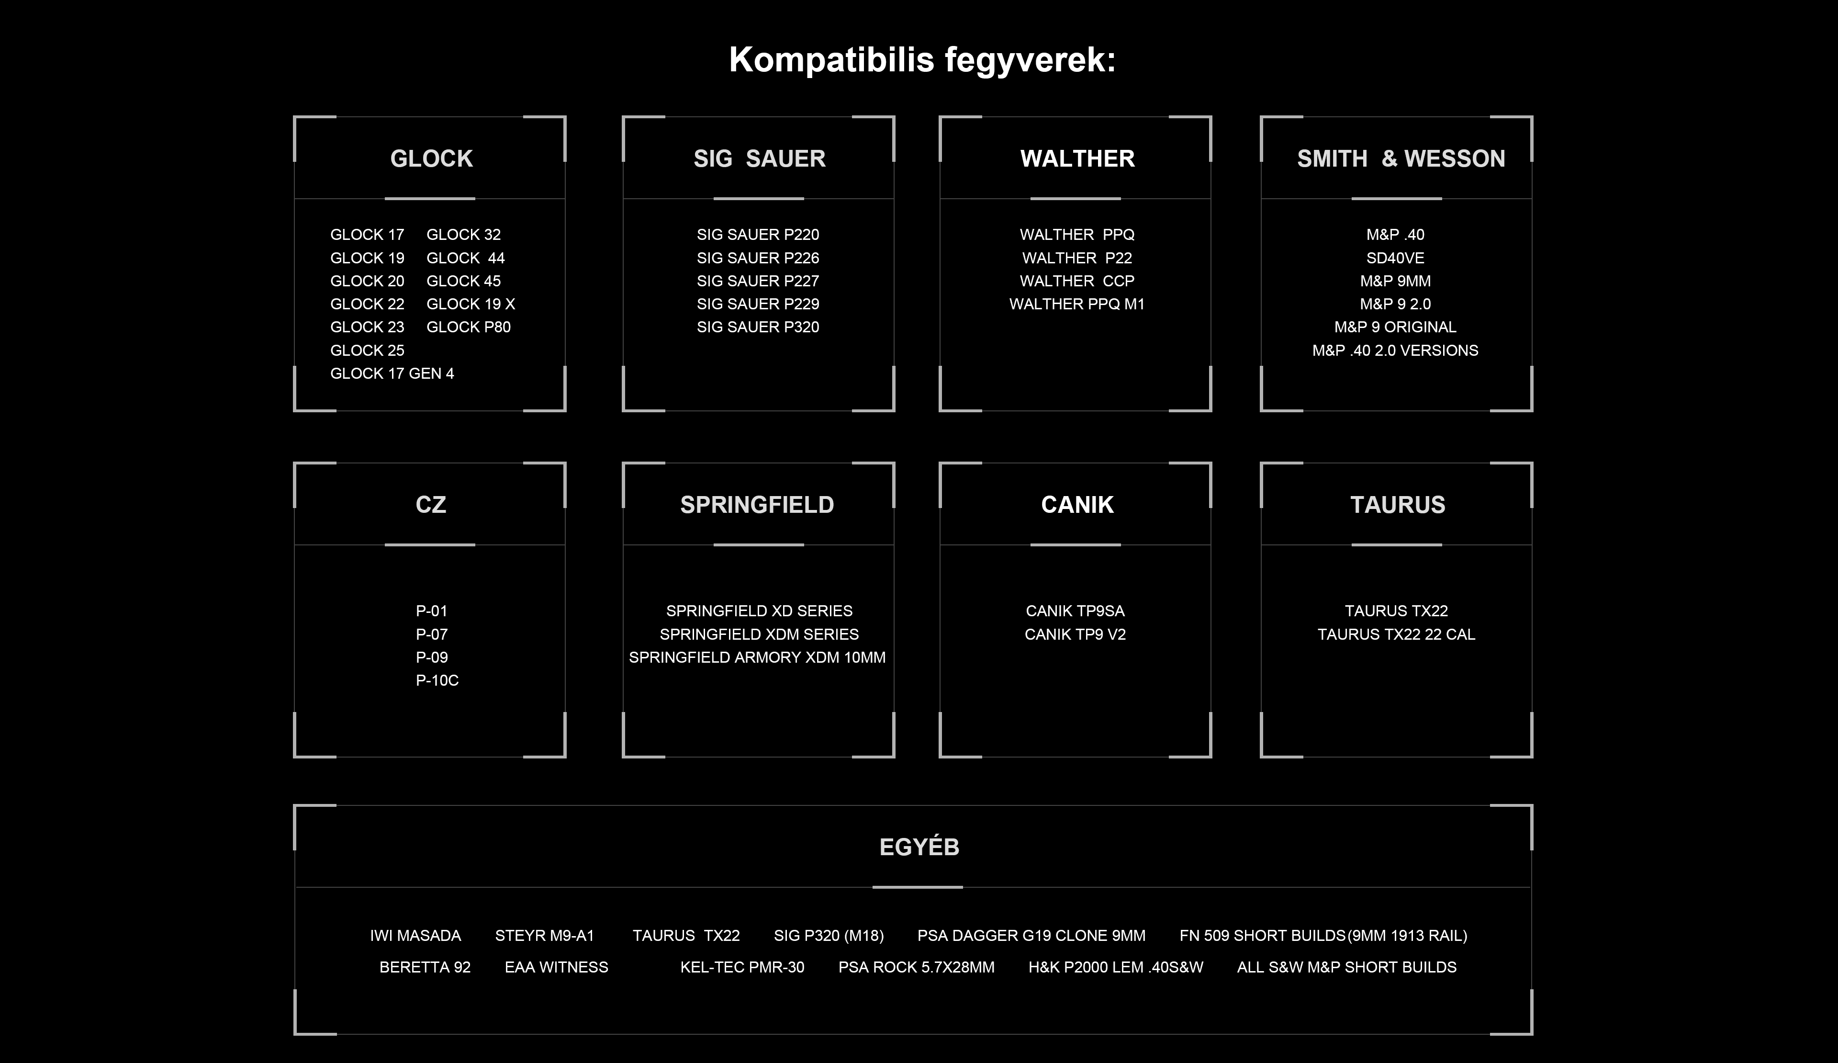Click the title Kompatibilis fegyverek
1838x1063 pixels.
pos(922,60)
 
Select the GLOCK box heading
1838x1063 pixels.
pos(431,158)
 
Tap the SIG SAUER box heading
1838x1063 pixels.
pos(759,158)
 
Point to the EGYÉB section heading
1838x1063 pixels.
pos(919,847)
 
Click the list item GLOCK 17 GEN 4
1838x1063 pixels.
pos(392,373)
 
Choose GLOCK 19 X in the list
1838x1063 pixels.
pos(471,304)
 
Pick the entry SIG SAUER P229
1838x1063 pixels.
pos(758,304)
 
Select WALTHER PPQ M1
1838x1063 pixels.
pos(1076,304)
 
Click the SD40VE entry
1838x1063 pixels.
pos(1395,258)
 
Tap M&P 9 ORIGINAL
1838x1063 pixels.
pos(1395,328)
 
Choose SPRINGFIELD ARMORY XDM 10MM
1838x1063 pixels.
pos(757,657)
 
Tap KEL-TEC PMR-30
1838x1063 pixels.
pos(742,967)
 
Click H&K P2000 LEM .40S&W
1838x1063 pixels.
pos(1115,967)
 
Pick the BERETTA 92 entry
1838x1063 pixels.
pos(425,967)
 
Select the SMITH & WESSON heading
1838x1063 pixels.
pos(1401,158)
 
